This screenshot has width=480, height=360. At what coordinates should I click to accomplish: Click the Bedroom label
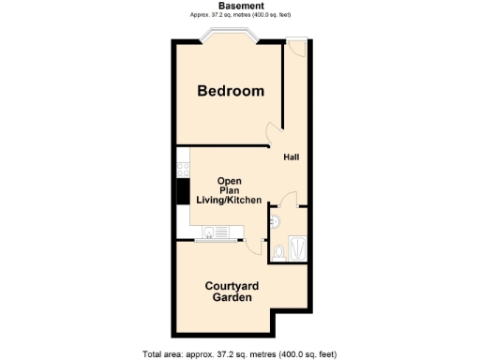230,91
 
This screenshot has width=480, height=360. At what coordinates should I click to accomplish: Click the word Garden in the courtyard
230,297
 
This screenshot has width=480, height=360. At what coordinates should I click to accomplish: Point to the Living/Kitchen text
229,201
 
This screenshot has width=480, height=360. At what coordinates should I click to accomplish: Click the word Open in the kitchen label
230,180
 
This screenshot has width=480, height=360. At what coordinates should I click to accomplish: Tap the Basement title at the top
239,6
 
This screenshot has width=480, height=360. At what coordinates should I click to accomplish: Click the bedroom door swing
273,135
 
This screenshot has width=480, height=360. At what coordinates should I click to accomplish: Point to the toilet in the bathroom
281,250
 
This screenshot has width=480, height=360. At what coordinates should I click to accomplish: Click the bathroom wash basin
274,221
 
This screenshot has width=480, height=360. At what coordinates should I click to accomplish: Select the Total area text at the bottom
239,353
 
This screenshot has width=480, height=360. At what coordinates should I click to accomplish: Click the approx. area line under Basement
239,15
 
